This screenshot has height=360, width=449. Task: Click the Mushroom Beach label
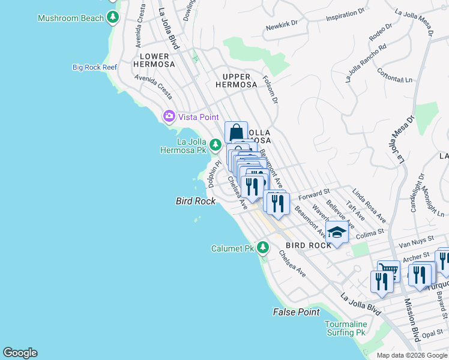[71, 18]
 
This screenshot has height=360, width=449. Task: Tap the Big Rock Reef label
[95, 67]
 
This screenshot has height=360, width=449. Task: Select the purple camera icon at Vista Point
[169, 116]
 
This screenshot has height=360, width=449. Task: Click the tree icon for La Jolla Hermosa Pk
[215, 145]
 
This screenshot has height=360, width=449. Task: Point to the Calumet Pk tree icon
[262, 247]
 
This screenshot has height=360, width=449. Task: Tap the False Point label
[296, 312]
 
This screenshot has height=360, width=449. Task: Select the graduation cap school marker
[337, 232]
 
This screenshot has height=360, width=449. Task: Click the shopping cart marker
[388, 270]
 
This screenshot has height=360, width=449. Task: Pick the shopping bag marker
[237, 132]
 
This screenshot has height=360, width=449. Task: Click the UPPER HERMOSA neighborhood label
[240, 80]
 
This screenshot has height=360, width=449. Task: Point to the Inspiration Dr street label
[345, 15]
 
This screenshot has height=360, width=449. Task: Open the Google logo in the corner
[20, 353]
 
